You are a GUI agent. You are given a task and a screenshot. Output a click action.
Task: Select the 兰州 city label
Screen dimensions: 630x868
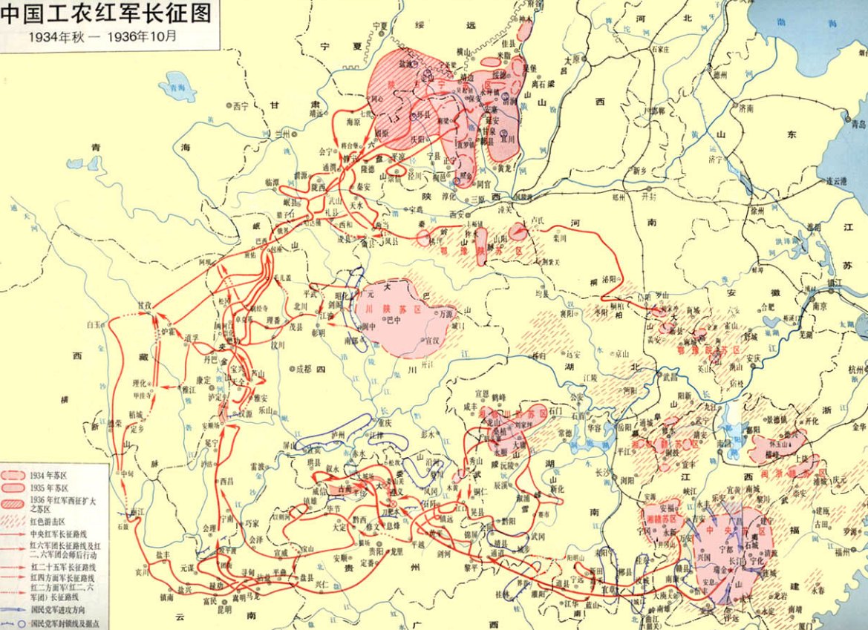(x=282, y=134)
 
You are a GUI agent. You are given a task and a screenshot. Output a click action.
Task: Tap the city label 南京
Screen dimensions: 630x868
(x=820, y=305)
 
